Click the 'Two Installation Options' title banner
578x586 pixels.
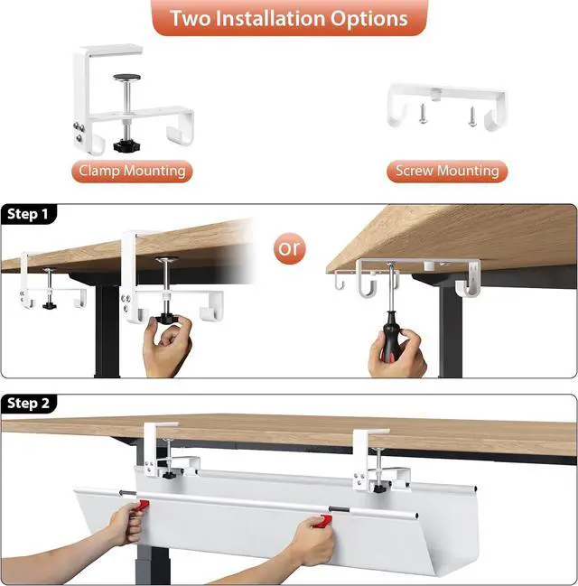289,17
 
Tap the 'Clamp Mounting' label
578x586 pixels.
132,171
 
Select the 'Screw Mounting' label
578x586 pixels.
447,171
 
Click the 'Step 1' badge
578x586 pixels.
30,214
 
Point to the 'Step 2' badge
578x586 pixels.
30,403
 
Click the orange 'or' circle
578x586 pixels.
291,248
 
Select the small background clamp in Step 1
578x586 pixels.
46,281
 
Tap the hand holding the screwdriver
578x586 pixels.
398,355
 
